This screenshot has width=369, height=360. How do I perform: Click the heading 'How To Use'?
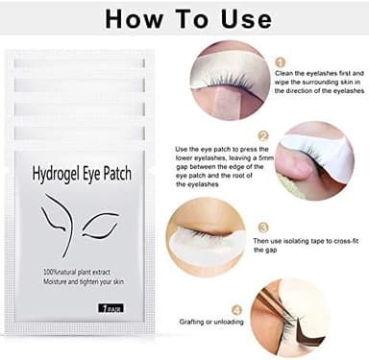(x=184, y=18)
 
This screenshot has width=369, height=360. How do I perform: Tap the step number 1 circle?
(x=280, y=61)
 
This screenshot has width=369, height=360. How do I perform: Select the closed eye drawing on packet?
(x=99, y=228)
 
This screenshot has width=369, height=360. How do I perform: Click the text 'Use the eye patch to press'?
(x=218, y=149)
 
